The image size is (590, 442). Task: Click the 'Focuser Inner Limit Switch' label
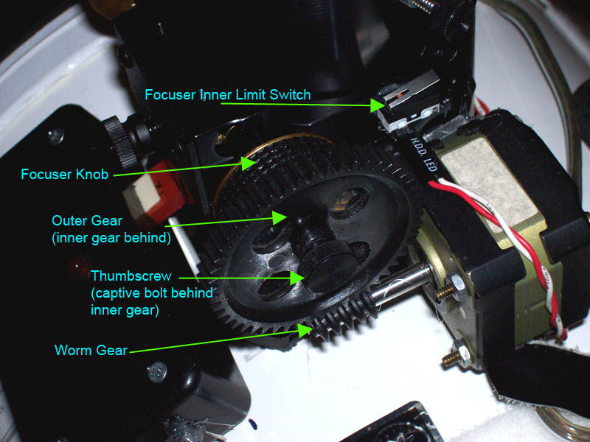pos(228,94)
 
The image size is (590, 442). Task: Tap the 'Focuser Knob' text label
pos(65,174)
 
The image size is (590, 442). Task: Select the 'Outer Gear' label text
pos(87,220)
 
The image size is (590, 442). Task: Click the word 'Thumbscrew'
pos(131,276)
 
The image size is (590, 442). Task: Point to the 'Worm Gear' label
pos(91,350)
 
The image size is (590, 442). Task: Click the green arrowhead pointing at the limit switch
pos(378,105)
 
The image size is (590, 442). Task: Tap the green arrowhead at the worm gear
pos(305,330)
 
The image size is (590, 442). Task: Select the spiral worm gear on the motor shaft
pos(344,316)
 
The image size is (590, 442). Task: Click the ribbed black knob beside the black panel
pos(119,141)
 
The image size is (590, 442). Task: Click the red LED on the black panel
pos(77,267)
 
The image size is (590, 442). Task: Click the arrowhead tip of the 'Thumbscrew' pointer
pos(305,278)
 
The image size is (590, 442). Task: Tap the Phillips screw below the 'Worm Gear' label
pos(157,372)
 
